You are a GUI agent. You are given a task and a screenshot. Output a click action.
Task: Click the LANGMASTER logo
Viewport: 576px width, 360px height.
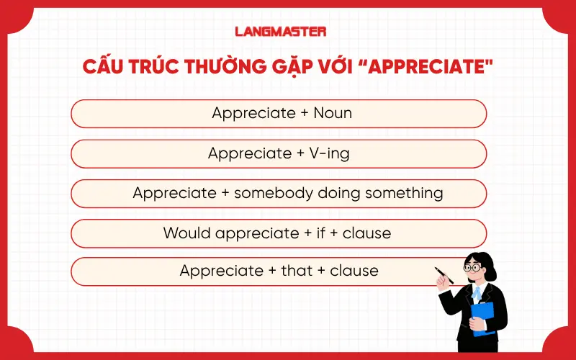tap(281, 32)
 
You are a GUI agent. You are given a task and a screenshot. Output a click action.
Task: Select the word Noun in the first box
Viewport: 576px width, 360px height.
tap(333, 113)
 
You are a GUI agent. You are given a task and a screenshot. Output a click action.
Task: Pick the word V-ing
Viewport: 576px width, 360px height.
tap(329, 153)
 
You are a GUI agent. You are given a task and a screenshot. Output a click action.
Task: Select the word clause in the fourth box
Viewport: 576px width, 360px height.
tap(367, 233)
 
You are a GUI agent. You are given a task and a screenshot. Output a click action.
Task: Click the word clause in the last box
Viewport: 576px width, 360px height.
tap(354, 271)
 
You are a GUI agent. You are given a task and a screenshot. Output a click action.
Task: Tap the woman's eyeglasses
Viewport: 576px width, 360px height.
tap(472, 267)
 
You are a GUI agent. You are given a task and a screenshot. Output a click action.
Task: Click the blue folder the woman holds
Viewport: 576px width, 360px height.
tap(483, 317)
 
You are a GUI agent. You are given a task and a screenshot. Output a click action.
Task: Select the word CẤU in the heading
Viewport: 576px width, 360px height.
tap(107, 67)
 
